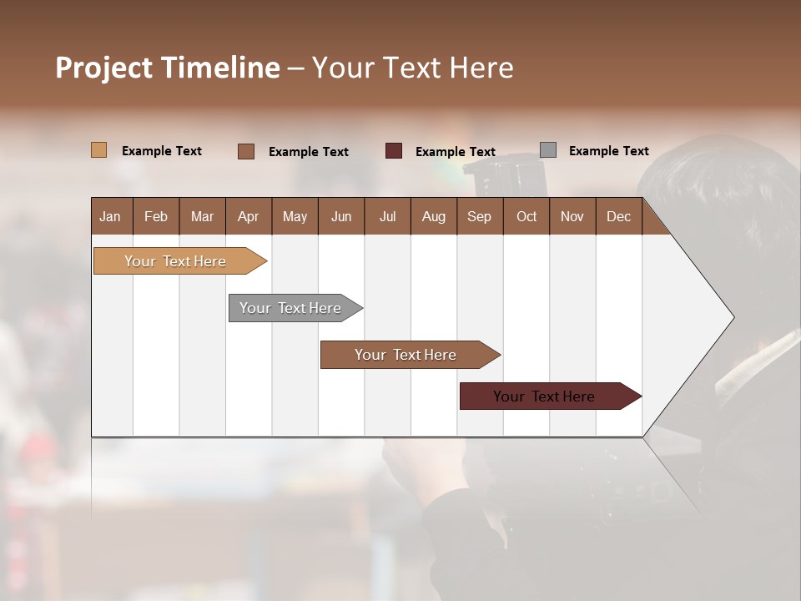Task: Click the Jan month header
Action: [x=110, y=217]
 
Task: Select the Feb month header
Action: [x=156, y=217]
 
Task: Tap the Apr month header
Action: [x=248, y=217]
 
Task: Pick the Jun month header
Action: [x=341, y=217]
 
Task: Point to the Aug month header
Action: [x=433, y=217]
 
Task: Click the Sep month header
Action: [x=479, y=217]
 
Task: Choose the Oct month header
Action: [x=526, y=217]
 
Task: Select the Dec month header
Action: [x=618, y=217]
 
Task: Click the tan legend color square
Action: [x=99, y=150]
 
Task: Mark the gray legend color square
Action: [x=548, y=150]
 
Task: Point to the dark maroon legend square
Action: [x=394, y=151]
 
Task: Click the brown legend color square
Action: [x=246, y=151]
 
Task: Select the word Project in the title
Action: [x=104, y=68]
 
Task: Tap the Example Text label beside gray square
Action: [x=608, y=151]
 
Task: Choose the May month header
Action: [x=295, y=217]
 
